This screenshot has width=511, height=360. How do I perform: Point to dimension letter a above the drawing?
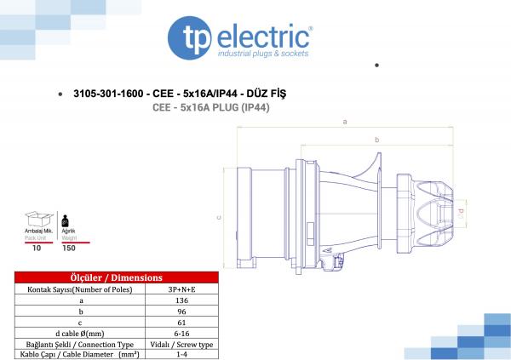click(x=344, y=122)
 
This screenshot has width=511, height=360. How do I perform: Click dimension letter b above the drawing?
click(x=376, y=139)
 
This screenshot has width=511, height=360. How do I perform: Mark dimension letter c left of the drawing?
click(x=220, y=218)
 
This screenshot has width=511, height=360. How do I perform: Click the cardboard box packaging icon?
click(x=36, y=220)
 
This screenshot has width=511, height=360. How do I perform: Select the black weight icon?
click(x=66, y=220)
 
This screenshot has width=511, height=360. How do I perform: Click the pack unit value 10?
click(x=36, y=249)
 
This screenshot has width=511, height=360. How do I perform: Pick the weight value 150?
click(x=67, y=249)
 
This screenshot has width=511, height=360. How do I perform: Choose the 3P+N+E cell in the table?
click(x=181, y=290)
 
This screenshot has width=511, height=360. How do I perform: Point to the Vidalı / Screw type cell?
click(x=181, y=345)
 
